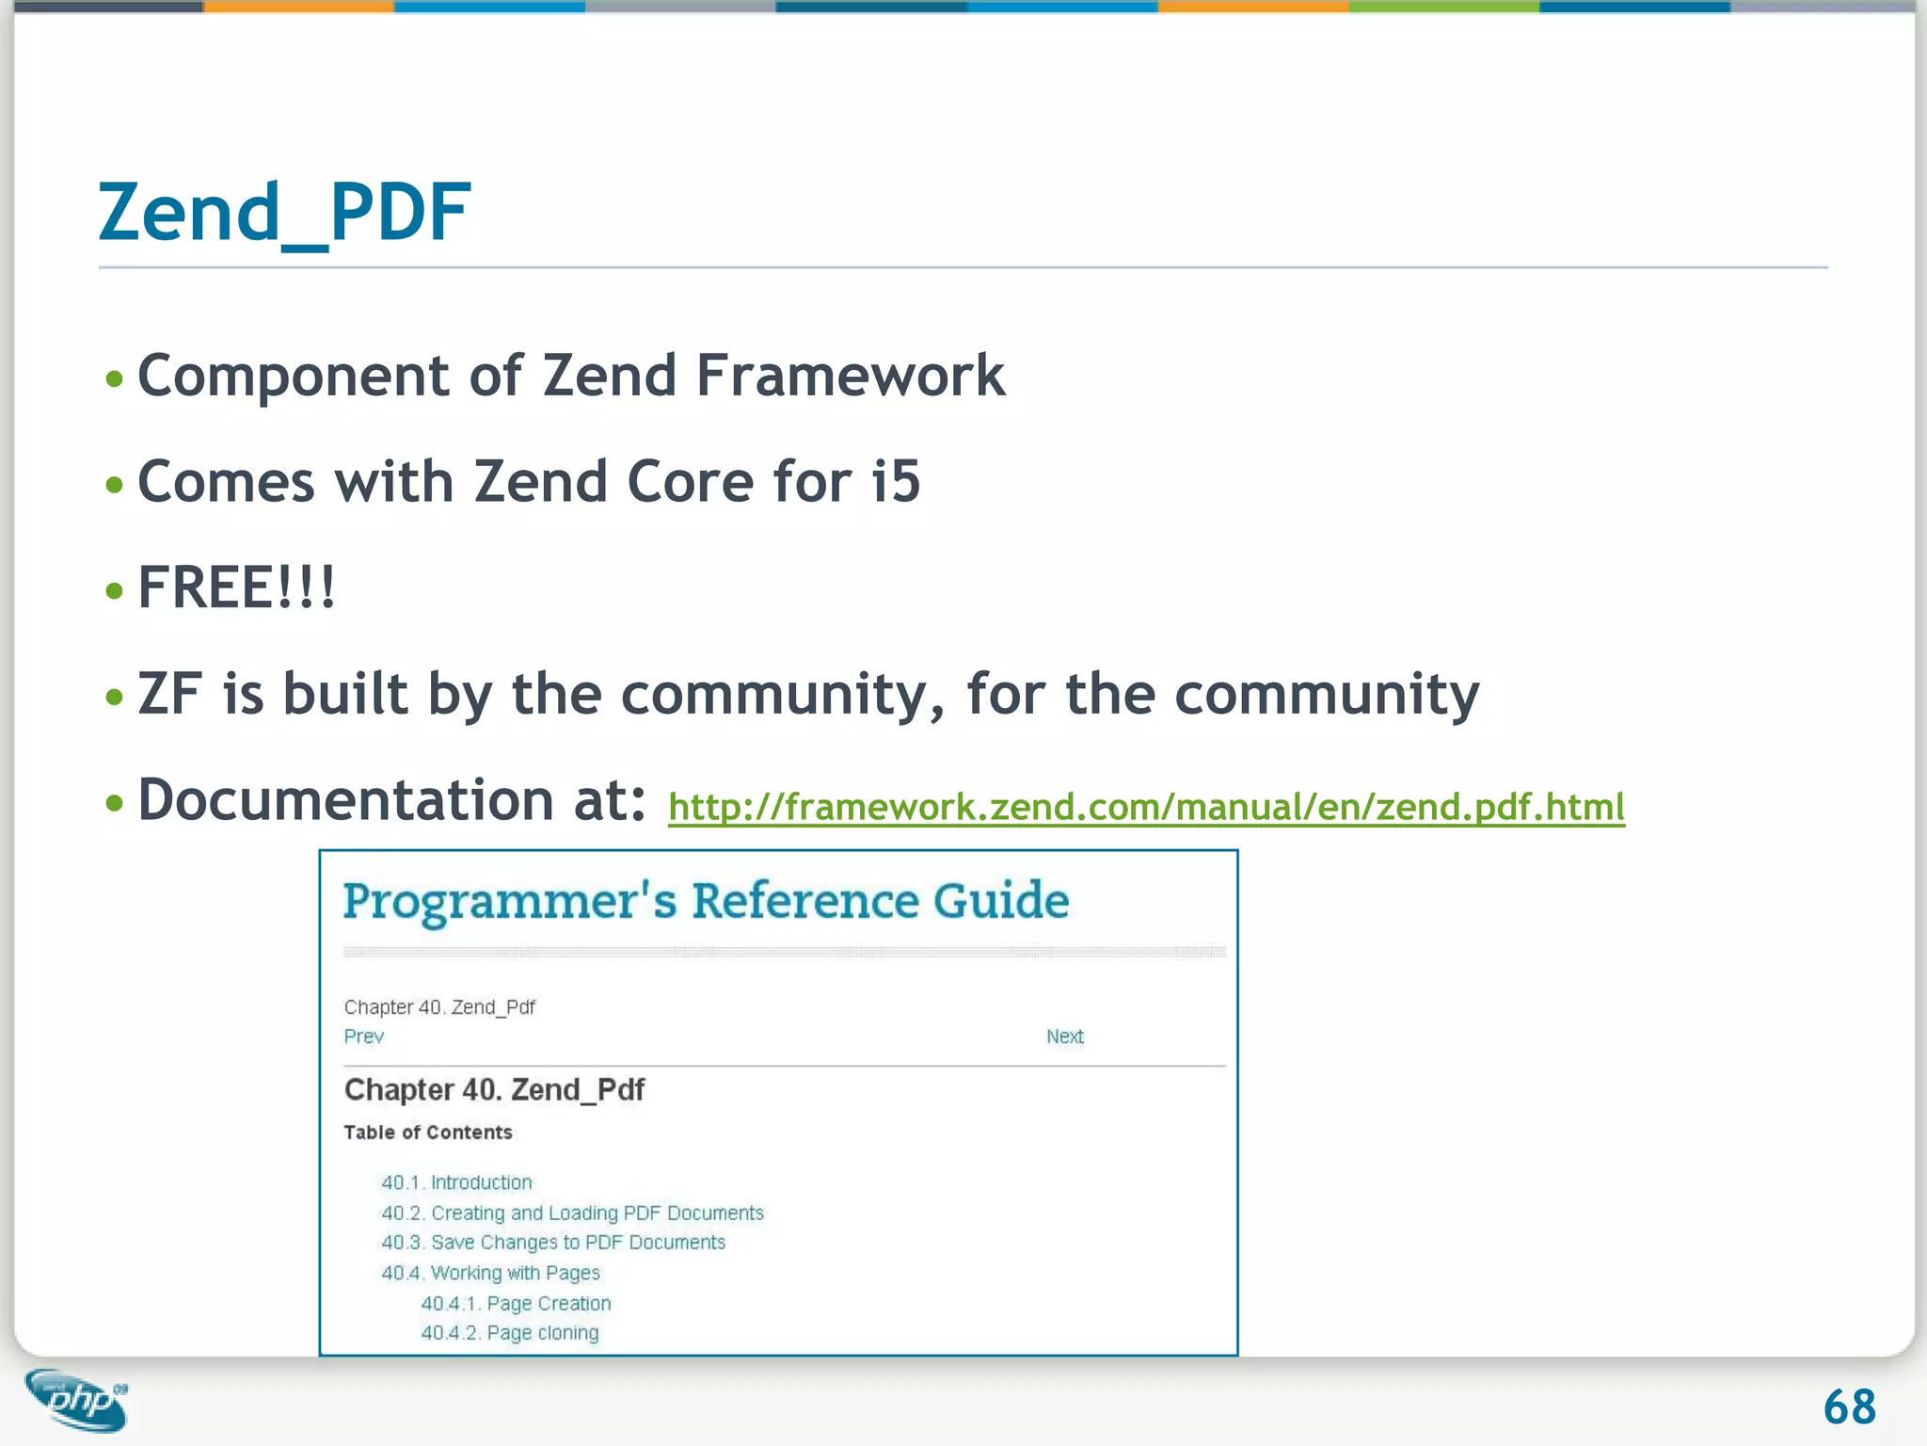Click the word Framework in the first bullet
(850, 377)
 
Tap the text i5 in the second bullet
(895, 482)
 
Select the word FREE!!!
(236, 588)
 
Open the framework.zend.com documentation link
(1145, 807)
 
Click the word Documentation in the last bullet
(344, 800)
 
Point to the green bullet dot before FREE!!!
(115, 591)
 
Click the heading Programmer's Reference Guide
(706, 901)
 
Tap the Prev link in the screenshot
(363, 1036)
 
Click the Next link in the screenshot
(1064, 1036)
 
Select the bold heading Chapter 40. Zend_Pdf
(494, 1090)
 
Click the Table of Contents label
(427, 1133)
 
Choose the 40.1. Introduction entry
(456, 1182)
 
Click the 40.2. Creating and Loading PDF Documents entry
(572, 1213)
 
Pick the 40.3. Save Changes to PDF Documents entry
(553, 1243)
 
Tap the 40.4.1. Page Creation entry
(516, 1304)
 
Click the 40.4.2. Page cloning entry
(509, 1333)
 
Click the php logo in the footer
(77, 1400)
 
